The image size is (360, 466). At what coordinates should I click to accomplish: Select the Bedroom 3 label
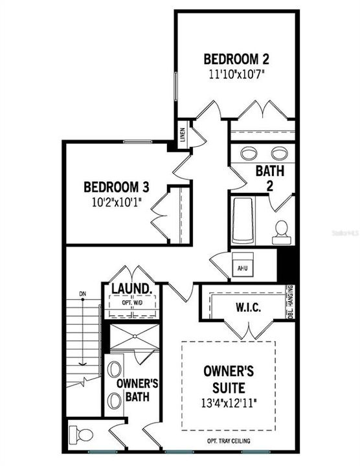117,188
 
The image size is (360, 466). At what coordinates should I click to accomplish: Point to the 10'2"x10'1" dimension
117,201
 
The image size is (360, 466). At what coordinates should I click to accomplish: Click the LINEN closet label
183,136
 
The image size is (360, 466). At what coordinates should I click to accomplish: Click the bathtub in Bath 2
243,221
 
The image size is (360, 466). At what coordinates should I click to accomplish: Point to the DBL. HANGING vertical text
290,303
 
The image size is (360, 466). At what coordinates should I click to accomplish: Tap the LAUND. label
131,289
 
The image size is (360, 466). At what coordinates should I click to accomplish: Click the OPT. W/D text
131,302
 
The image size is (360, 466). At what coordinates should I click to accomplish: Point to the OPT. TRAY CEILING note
224,441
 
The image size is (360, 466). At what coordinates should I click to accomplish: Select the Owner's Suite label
224,380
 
